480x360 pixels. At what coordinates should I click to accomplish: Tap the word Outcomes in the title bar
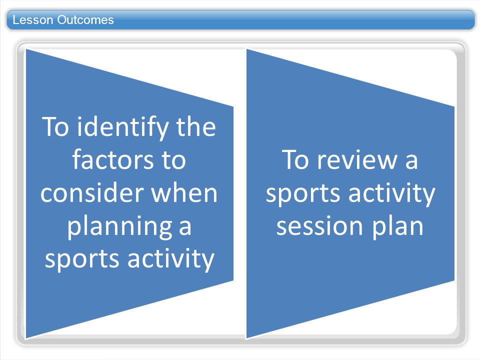[x=85, y=20]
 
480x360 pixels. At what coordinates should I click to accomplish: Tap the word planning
[x=119, y=227]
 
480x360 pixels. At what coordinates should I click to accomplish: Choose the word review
[x=357, y=159]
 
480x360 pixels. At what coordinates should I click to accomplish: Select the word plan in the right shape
[x=397, y=227]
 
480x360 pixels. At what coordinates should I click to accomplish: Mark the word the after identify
[x=196, y=126]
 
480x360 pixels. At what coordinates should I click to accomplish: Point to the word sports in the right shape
[x=303, y=194]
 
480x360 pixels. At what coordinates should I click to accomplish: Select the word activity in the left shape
[x=171, y=259]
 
